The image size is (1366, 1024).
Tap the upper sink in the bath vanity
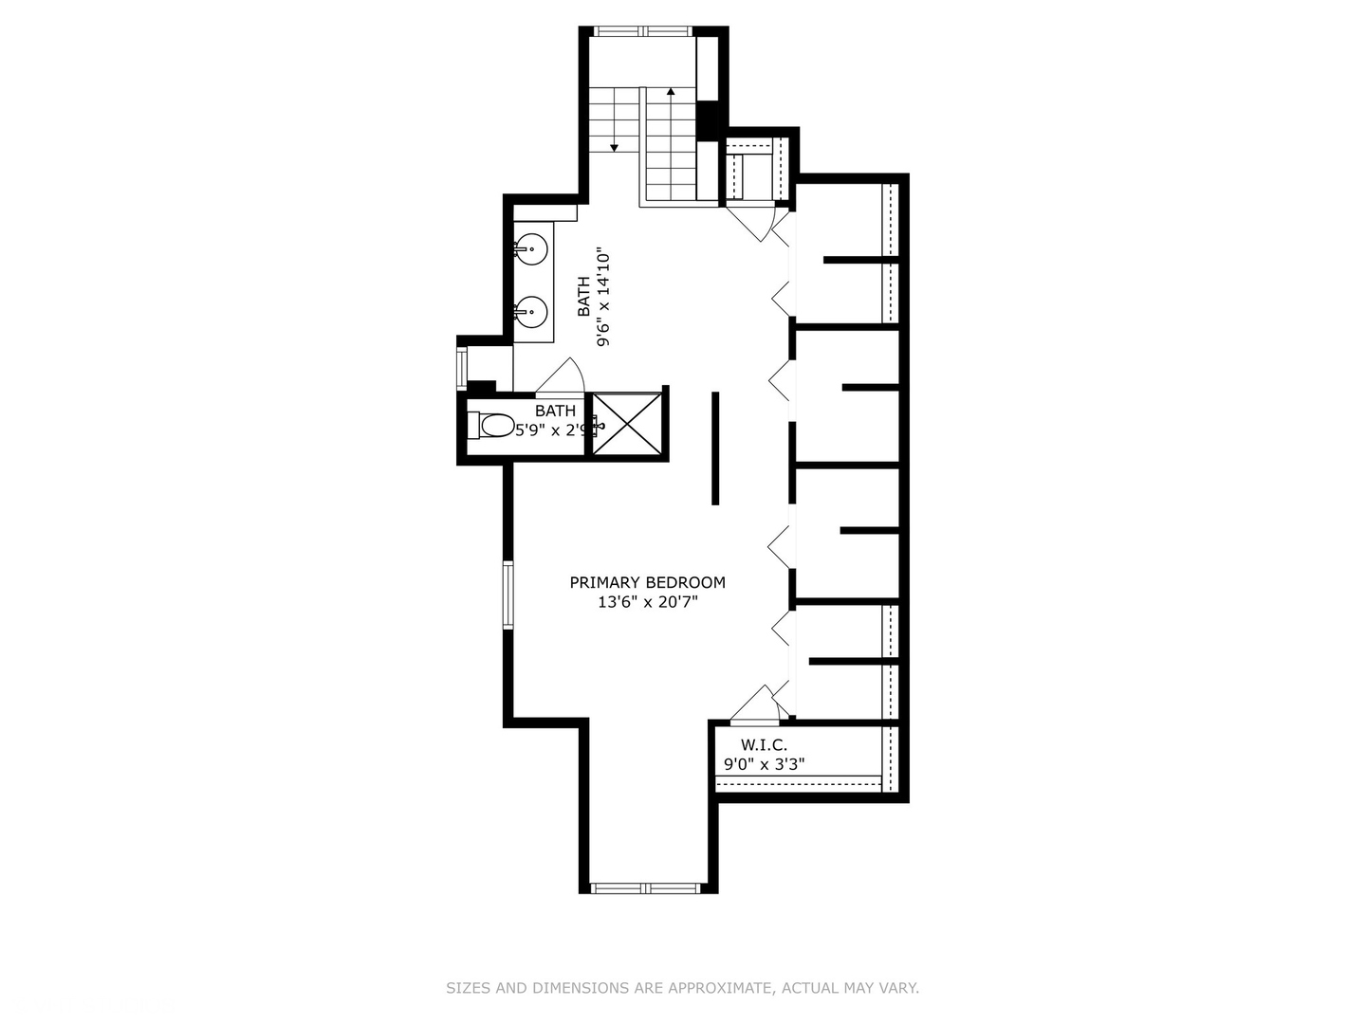coord(530,249)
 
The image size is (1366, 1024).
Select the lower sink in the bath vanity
coord(530,310)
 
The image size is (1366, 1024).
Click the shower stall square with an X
coord(626,424)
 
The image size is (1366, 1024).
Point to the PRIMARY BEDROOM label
coord(647,582)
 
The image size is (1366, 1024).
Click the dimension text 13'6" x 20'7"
coord(647,602)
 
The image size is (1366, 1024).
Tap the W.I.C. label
coord(764,745)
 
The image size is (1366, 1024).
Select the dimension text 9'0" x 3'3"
coord(764,763)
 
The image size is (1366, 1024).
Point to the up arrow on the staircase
coord(671,92)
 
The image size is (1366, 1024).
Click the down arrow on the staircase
coord(615,146)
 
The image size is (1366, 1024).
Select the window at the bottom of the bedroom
coord(644,888)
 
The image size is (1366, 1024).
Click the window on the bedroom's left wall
coord(508,594)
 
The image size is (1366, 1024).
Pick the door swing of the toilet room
coord(562,377)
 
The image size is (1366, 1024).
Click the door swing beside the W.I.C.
coord(756,704)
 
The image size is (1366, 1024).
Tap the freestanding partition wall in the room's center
coord(715,448)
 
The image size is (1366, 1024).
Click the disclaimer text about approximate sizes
coord(682,988)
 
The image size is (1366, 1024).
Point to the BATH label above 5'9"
coord(555,411)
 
